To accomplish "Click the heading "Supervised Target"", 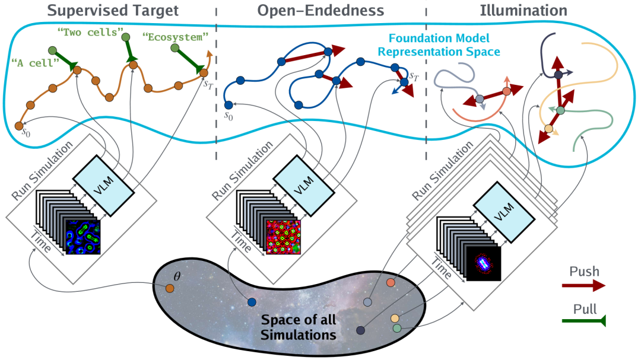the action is coord(113,11).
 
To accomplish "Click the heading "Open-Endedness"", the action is coord(320,11).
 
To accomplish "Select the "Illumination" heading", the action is coord(523,11).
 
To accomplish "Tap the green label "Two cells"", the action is coord(90,32).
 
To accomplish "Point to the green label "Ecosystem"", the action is coord(175,37).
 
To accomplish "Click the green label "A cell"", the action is coord(35,63).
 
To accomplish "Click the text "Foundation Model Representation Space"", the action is coord(439,45).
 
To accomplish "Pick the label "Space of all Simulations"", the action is coord(299,327).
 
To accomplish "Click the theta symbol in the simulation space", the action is coord(177,276).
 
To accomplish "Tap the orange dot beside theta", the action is coord(170,289).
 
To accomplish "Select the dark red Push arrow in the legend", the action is coord(584,285).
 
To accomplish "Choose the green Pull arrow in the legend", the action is coord(584,321).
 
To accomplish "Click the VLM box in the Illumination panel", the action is coord(504,212).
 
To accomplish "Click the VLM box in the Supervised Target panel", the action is coord(103,186).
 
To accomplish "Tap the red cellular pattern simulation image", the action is coord(283,237).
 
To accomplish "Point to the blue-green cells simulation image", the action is coord(83,237).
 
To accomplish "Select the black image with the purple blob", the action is coord(484,263).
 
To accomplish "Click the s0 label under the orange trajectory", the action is coord(26,132).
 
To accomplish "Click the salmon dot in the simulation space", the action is coord(391,282).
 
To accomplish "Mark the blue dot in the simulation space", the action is coord(252,302).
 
